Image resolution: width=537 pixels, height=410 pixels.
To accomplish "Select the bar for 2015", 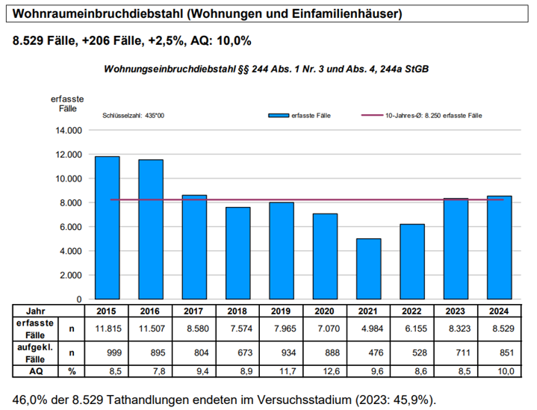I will pyautogui.click(x=108, y=228).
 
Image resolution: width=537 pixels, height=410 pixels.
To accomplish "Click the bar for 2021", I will pyautogui.click(x=368, y=269).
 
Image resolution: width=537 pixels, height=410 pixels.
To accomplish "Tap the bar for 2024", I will pyautogui.click(x=499, y=247).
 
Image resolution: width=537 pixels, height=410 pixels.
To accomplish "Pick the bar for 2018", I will pyautogui.click(x=238, y=253).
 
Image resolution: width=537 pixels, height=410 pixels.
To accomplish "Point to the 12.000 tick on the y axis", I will pyautogui.click(x=67, y=155).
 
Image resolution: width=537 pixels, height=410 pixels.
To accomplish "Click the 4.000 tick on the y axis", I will pyautogui.click(x=67, y=251).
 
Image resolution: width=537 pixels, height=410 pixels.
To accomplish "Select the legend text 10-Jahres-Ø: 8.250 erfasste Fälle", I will pyautogui.click(x=433, y=117).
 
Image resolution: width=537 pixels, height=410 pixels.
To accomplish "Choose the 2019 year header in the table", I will pyautogui.click(x=282, y=310).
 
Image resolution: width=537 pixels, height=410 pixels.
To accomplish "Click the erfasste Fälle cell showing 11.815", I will pyautogui.click(x=108, y=327).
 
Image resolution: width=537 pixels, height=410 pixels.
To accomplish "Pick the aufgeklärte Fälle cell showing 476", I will pyautogui.click(x=368, y=352).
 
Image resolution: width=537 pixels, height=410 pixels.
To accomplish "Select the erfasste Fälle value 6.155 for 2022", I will pyautogui.click(x=412, y=327).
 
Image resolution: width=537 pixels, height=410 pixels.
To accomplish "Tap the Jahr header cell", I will pyautogui.click(x=35, y=310).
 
